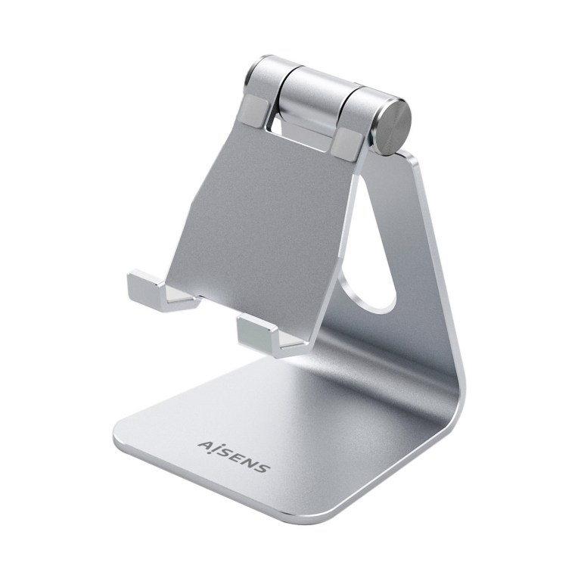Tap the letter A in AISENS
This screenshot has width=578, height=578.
coord(204,445)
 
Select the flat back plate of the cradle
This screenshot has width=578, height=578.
coord(257,212)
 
